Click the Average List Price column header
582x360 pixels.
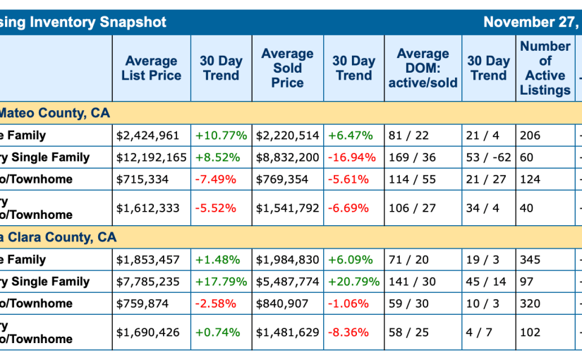[151, 68]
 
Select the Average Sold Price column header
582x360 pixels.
[287, 68]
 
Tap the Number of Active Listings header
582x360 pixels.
[545, 68]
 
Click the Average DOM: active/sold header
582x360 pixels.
[423, 68]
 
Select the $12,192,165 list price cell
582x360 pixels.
[152, 157]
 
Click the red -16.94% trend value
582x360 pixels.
[353, 157]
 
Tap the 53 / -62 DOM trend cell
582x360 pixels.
[488, 157]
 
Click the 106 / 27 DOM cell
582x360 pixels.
[412, 208]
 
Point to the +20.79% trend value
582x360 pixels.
[353, 282]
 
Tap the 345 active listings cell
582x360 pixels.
[530, 260]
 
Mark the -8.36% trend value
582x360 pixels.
[351, 332]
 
